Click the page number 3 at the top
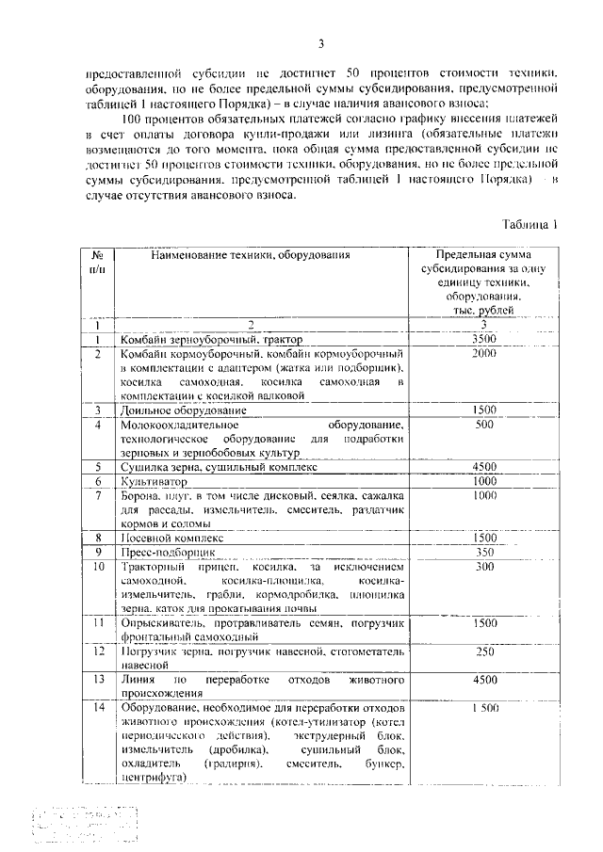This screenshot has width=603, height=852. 320,44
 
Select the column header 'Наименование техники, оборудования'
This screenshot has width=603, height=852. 249,255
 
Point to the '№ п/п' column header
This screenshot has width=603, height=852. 96,262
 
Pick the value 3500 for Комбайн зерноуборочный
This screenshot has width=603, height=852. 483,339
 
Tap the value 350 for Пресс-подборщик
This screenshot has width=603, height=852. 484,552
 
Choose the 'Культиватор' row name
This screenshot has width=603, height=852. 154,481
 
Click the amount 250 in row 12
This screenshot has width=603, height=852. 484,651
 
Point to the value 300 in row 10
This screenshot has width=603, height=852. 484,567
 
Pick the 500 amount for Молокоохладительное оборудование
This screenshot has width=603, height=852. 484,425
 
